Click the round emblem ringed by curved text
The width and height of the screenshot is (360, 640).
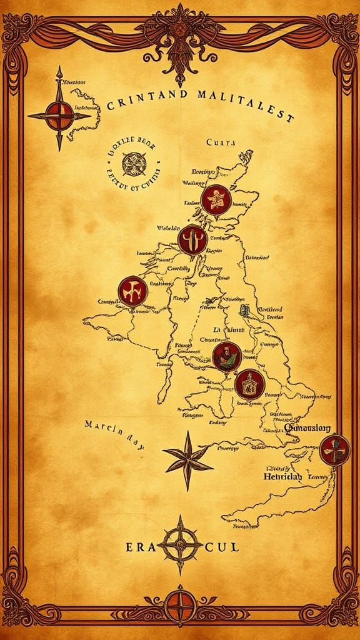click(x=132, y=164)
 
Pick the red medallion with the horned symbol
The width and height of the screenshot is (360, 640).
click(x=192, y=240)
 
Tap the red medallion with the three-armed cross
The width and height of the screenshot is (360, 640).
click(x=133, y=289)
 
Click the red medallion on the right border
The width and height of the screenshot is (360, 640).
click(x=333, y=449)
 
